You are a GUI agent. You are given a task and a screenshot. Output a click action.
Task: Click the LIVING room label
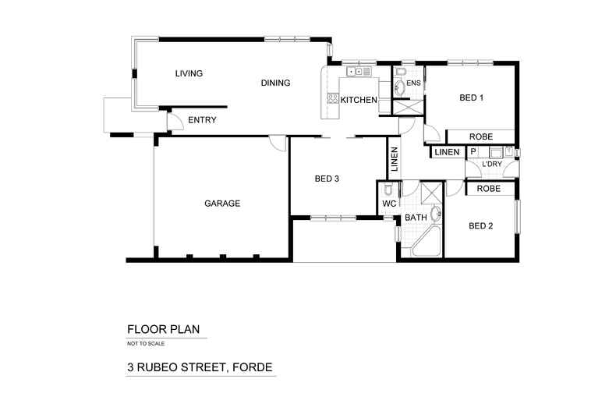189,74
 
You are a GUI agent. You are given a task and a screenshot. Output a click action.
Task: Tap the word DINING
275,83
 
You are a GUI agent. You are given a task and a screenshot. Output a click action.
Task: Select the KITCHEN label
359,100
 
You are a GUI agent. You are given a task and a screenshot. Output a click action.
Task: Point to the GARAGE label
222,204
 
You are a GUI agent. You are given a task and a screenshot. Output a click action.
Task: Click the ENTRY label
202,120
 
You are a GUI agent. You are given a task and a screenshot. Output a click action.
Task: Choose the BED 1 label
472,98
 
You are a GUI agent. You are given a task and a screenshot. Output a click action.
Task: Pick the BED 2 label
481,227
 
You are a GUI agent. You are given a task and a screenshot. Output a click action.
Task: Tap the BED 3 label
327,179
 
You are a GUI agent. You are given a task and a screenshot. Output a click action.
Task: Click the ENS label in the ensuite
413,83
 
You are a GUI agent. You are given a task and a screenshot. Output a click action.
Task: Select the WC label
389,204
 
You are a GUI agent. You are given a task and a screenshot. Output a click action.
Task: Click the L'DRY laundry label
492,165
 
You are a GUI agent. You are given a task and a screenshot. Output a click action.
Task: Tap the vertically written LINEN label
395,159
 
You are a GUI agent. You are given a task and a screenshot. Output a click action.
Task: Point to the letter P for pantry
473,152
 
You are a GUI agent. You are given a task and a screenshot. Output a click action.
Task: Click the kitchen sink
357,72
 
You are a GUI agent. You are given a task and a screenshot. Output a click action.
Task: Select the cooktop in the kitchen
332,99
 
